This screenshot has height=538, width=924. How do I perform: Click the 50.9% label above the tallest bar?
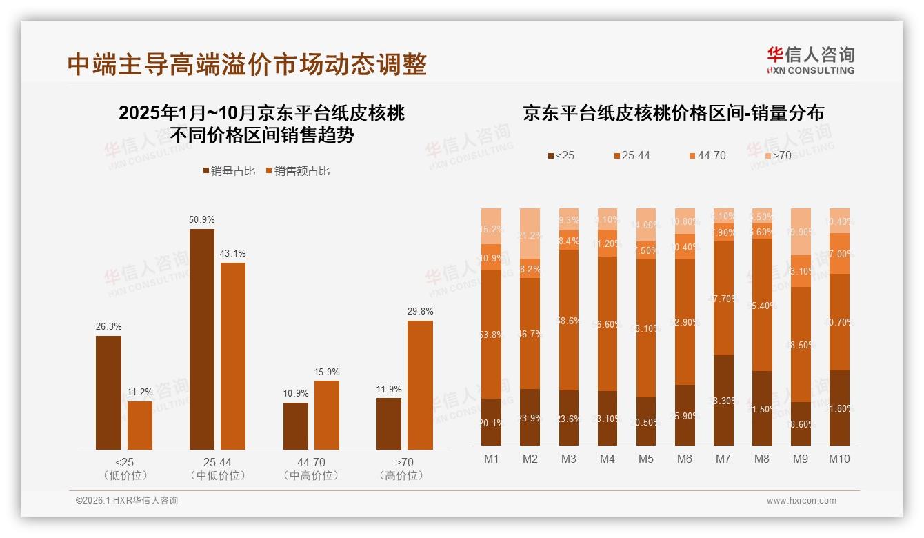click(201, 219)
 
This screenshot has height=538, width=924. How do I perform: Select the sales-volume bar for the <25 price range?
click(108, 392)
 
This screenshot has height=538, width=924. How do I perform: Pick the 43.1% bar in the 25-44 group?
click(233, 356)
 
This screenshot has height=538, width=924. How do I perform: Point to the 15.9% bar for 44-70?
click(327, 415)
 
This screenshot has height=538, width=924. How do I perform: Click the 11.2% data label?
click(140, 392)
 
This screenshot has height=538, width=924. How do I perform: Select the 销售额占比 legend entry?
click(297, 170)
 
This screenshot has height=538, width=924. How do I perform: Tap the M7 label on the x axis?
click(723, 459)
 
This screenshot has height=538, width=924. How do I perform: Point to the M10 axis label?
click(839, 459)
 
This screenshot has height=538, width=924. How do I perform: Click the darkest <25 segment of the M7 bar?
click(723, 400)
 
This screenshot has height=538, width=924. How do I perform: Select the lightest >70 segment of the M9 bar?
click(801, 232)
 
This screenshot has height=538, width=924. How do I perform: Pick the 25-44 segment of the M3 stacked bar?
click(569, 320)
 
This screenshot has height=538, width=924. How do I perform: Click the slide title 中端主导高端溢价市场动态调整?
click(247, 64)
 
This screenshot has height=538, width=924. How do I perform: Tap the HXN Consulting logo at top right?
click(810, 60)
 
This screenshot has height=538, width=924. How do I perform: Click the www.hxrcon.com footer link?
click(801, 501)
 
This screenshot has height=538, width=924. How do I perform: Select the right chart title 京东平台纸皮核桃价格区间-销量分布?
click(673, 113)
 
